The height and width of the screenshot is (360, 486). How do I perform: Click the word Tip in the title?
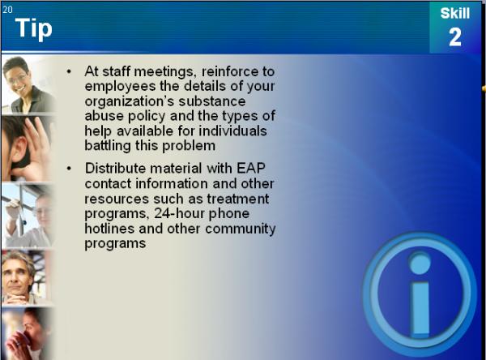[34, 28]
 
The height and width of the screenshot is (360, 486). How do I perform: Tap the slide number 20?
[8, 10]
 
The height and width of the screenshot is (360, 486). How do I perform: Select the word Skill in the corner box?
[455, 13]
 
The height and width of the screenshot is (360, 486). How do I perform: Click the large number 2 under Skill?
[455, 37]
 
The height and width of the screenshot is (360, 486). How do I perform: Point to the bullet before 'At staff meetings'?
[69, 72]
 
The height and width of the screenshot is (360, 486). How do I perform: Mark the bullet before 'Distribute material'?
[69, 169]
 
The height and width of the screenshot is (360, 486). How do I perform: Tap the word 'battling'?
[108, 146]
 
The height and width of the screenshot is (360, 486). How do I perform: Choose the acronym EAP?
[251, 169]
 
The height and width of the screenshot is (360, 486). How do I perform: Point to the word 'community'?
[241, 229]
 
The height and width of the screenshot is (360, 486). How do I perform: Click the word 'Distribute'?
[115, 169]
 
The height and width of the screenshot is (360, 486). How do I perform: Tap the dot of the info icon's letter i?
[420, 264]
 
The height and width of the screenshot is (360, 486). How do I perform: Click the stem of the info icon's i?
[421, 308]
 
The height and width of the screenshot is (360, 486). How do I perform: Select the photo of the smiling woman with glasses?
[28, 85]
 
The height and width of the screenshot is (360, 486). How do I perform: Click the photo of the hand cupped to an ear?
[28, 149]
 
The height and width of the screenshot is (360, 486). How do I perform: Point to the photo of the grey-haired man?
[25, 278]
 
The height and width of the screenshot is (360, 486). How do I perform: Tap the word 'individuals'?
[232, 131]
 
